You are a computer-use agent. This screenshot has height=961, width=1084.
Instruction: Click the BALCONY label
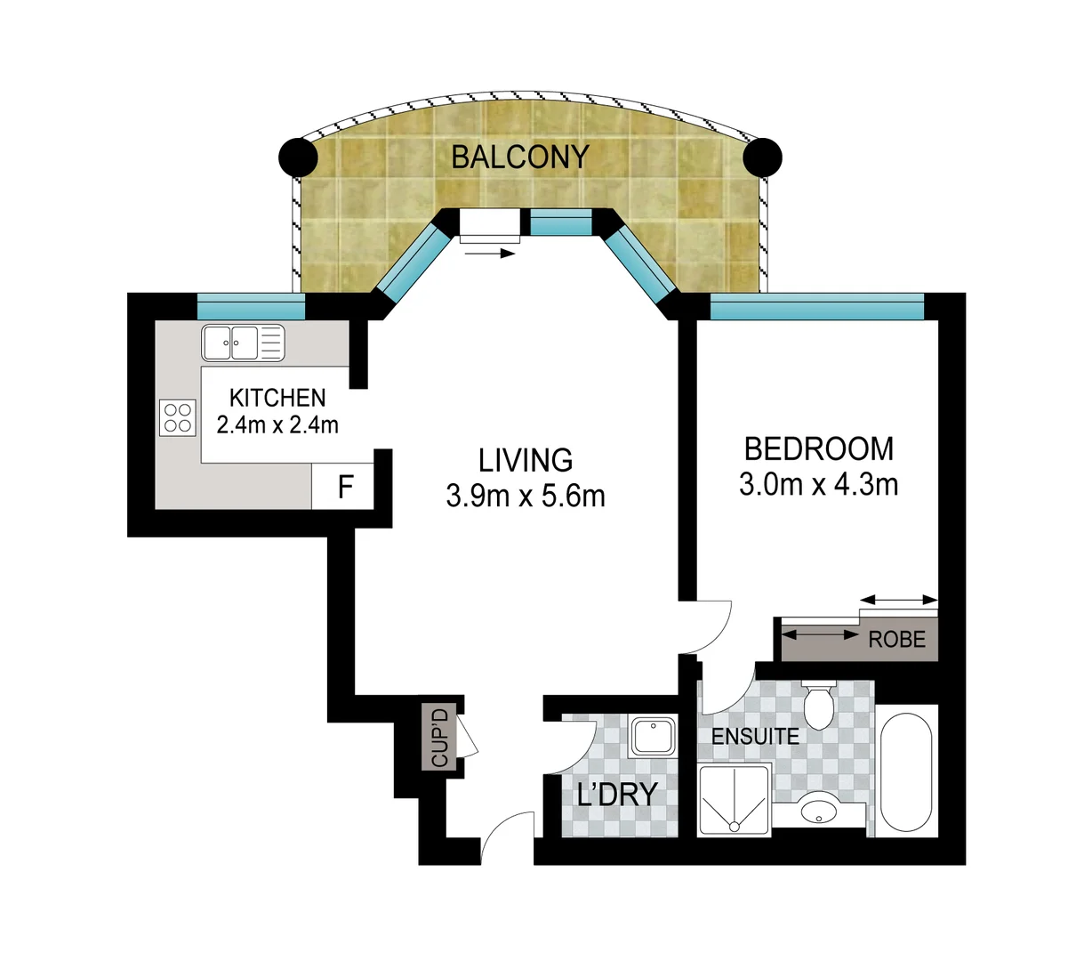pos(519,157)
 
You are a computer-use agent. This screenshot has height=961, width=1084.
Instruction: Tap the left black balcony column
pos(298,158)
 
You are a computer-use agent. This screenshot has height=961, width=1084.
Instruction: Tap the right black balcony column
pos(762,158)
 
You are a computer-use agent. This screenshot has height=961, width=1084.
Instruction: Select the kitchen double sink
pos(242,343)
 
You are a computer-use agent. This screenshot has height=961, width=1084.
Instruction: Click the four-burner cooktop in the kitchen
pos(178,418)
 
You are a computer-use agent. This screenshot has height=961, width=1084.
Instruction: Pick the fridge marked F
pos(345,488)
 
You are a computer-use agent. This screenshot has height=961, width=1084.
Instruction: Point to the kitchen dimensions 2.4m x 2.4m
pos(277,424)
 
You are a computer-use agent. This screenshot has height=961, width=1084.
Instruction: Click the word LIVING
pos(525,460)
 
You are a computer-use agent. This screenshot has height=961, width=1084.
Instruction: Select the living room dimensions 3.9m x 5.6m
pos(525,496)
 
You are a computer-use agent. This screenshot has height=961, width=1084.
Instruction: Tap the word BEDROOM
pos(818,448)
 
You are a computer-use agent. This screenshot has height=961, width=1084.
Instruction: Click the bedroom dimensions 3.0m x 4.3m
pos(818,484)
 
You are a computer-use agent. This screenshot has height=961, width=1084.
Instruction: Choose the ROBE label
pos(896,640)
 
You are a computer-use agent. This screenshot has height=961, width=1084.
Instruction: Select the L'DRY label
pos(617,794)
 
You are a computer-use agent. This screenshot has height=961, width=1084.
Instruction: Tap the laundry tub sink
pos(652,737)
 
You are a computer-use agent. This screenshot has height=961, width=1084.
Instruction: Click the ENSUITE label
pos(754,737)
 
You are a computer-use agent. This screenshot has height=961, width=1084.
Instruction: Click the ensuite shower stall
pos(734,801)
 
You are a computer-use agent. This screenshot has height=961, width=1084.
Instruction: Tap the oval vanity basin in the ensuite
pos(817,812)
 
